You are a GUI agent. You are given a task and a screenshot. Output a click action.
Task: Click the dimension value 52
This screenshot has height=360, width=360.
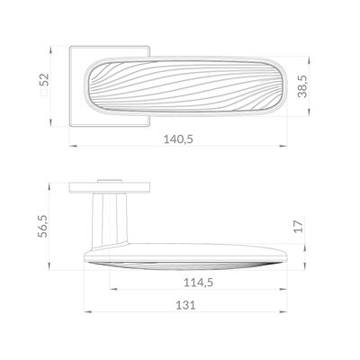44,80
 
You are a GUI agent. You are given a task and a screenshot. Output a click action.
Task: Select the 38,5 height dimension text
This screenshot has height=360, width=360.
303,86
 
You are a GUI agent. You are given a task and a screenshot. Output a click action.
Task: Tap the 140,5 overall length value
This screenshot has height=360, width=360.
178,139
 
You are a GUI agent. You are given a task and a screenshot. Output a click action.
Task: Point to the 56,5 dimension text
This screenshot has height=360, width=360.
42,226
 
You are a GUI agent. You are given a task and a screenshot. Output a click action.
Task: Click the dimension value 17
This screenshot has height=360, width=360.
298,227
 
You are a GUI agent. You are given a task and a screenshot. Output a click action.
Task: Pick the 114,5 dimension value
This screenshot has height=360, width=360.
198,283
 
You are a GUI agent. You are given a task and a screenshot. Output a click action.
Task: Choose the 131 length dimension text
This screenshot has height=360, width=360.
185,305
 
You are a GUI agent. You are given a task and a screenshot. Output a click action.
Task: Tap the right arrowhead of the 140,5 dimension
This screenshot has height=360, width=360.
283,146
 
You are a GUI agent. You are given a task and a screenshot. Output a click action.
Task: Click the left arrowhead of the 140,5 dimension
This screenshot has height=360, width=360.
74,146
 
